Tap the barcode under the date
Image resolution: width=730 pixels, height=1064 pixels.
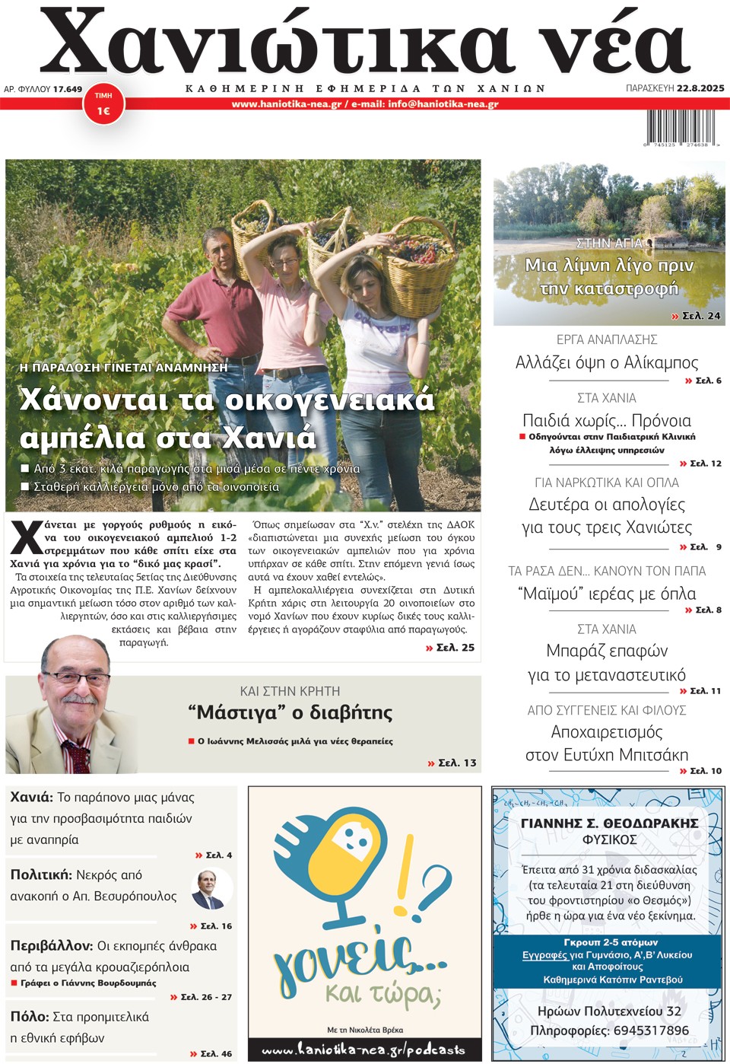point(681,128)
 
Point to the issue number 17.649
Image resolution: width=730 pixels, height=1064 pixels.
point(68,89)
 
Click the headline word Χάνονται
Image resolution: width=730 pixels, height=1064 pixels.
point(94,399)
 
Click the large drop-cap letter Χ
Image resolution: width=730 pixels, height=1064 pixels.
point(27,537)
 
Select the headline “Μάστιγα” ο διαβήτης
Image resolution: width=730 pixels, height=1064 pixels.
point(290,712)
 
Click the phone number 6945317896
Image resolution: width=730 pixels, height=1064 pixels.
point(647,1031)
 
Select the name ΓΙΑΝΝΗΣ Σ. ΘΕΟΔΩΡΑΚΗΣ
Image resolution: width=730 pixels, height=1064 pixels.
point(609,823)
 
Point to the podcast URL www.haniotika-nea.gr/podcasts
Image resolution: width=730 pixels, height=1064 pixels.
point(363,1050)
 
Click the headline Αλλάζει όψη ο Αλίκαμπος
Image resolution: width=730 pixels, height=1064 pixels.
point(606,362)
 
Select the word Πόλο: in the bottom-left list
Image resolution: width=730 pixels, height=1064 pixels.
point(30,1017)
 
